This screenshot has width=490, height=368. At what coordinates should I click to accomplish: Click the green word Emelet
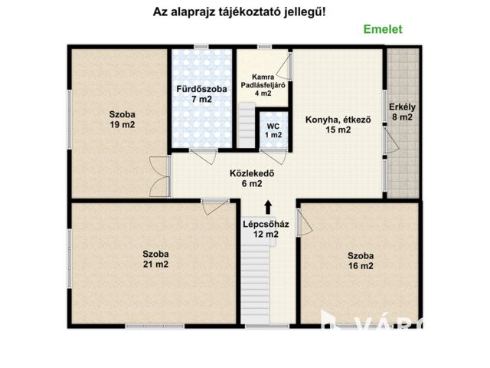pyautogui.click(x=382, y=29)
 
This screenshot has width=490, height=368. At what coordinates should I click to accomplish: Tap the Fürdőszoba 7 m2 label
pyautogui.click(x=201, y=94)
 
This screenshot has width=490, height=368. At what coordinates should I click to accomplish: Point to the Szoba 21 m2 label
pyautogui.click(x=155, y=259)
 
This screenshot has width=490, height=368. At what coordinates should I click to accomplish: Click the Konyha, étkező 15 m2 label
pyautogui.click(x=338, y=124)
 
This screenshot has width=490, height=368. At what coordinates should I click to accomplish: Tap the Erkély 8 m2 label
pyautogui.click(x=400, y=112)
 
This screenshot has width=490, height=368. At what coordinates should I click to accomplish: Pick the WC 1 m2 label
pyautogui.click(x=273, y=130)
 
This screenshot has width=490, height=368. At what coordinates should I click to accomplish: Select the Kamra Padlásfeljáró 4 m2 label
pyautogui.click(x=263, y=85)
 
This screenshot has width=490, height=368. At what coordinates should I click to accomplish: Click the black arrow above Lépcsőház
pyautogui.click(x=267, y=206)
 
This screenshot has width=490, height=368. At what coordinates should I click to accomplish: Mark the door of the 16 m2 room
pyautogui.click(x=303, y=222)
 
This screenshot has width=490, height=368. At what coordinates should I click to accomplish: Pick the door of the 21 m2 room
pyautogui.click(x=211, y=208)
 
